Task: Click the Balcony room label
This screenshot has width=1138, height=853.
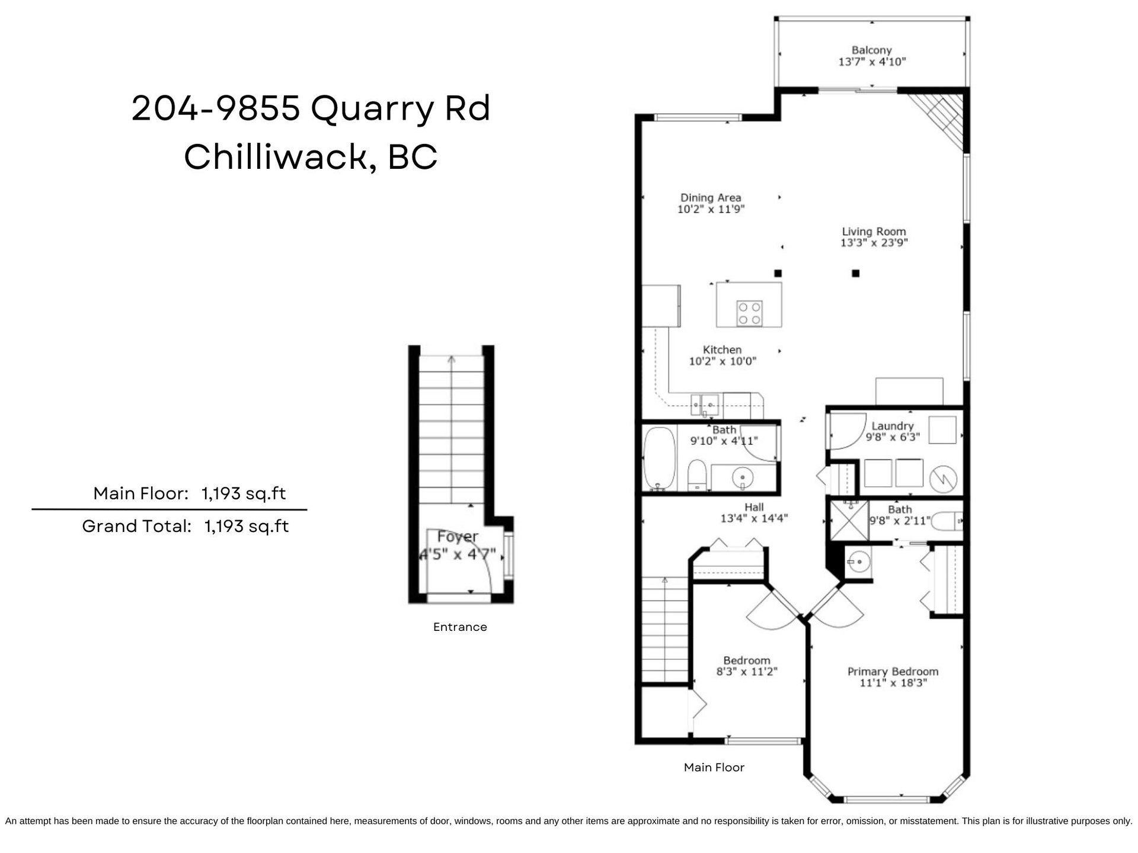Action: tap(871, 50)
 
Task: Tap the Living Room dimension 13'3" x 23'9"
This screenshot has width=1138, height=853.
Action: tap(874, 243)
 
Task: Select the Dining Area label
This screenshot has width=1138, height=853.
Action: tap(711, 198)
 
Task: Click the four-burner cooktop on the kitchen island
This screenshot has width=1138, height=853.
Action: tap(749, 313)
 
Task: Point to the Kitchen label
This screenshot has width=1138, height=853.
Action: tap(723, 350)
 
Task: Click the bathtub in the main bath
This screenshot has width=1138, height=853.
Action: tap(659, 459)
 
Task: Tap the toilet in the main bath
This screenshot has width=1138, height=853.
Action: tap(697, 476)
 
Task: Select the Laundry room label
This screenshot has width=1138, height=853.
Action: tap(893, 426)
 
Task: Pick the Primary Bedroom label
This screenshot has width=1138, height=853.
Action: tap(893, 672)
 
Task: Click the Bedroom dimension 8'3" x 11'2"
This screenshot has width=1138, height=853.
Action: tap(747, 672)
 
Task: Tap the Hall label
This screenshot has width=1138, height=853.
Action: tap(754, 507)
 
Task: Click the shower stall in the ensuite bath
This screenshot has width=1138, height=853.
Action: tap(849, 521)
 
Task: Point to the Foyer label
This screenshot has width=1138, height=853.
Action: tap(458, 537)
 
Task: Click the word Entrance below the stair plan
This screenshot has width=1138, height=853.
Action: tap(460, 627)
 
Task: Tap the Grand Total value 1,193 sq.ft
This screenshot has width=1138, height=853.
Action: tap(247, 526)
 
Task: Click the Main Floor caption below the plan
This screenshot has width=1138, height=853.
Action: tap(714, 767)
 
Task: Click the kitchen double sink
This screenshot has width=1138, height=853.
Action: tap(705, 405)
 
